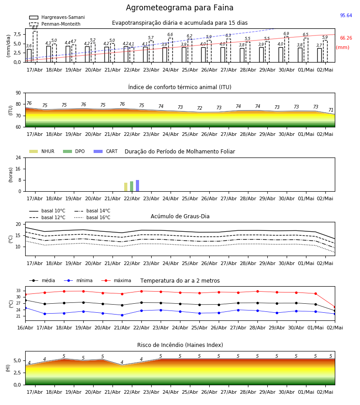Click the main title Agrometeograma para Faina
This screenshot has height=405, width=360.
pos(180,8)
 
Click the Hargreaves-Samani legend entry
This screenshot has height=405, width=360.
pos(57,17)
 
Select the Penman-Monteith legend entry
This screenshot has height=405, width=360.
pos(55,24)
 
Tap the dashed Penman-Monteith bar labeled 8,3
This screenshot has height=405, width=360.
pos(35,46)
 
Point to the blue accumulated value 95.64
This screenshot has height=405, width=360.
pos(346,15)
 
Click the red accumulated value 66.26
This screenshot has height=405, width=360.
pos(346,38)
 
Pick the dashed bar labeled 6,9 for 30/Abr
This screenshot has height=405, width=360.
pos(287,49)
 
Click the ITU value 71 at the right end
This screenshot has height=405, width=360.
pos(331,110)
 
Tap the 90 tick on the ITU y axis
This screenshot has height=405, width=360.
pos(18,93)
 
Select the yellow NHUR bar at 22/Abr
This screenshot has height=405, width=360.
pos(126,187)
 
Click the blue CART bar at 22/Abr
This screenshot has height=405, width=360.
pos(137,186)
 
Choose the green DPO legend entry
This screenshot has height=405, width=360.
pos(74,151)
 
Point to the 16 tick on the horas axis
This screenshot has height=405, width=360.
pos(18,169)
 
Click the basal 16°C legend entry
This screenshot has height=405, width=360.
pos(92,217)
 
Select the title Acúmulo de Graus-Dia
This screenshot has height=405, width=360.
pos(180,216)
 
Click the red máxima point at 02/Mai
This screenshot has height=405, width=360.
pos(335,307)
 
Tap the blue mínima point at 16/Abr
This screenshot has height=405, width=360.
pos(25,308)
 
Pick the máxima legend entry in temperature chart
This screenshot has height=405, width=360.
pos(116,280)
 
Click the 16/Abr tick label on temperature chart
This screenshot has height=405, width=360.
pos(25,328)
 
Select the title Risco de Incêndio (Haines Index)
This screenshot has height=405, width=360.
pos(180,345)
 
